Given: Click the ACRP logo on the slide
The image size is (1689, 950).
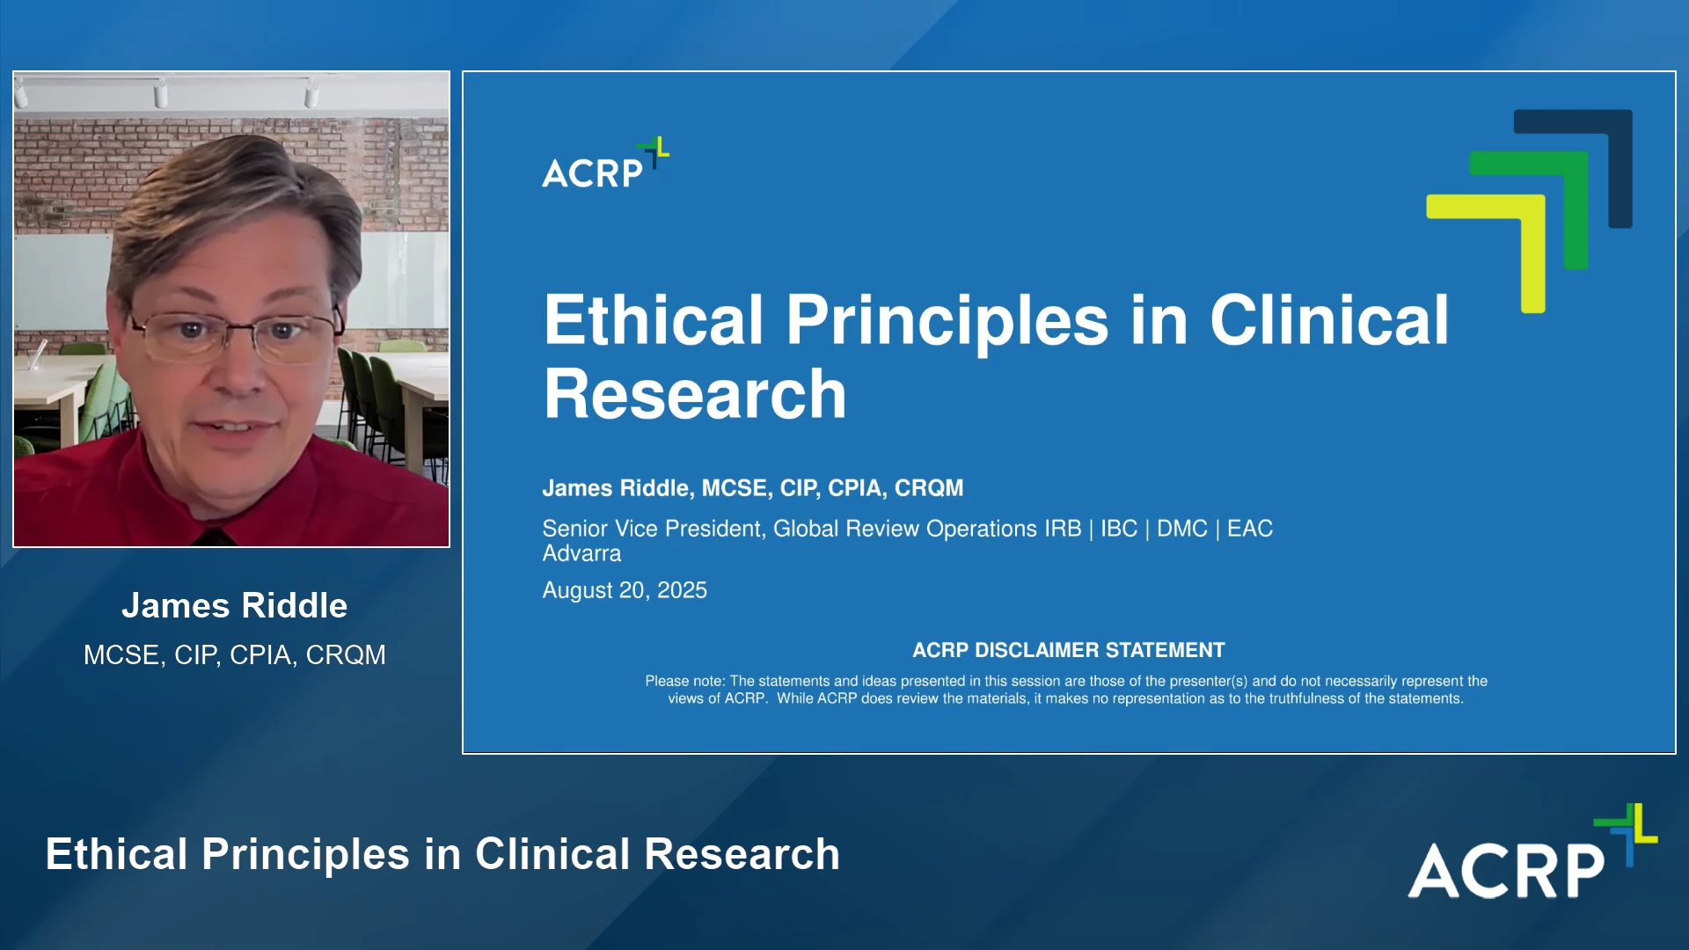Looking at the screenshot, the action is [x=605, y=164].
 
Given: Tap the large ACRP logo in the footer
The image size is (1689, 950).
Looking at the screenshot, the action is [x=1532, y=851].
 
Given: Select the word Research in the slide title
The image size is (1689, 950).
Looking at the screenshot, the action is [x=695, y=394].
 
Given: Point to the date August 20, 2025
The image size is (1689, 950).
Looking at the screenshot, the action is [x=625, y=590].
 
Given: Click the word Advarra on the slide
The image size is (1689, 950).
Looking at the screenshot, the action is [x=581, y=553].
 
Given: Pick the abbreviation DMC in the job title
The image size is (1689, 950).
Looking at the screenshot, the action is [x=1181, y=529].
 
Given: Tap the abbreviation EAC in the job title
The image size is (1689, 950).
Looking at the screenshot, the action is [x=1250, y=529].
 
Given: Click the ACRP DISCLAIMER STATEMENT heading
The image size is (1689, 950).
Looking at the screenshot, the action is [x=1068, y=650].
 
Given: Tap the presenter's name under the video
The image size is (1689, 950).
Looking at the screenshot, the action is [x=234, y=605].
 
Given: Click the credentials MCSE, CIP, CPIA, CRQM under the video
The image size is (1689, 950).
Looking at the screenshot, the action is [x=234, y=654].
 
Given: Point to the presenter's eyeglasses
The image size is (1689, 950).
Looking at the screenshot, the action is [x=230, y=336].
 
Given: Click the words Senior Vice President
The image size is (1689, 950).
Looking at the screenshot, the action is [x=652, y=529].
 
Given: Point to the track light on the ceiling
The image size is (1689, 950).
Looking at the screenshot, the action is [x=161, y=91].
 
